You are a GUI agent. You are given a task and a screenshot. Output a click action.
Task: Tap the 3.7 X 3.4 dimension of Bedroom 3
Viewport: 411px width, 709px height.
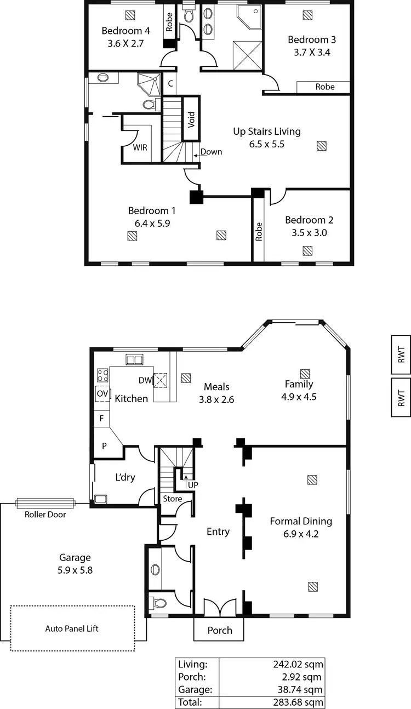click(x=312, y=53)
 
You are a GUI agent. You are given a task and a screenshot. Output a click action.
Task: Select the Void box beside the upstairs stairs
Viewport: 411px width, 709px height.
click(x=191, y=119)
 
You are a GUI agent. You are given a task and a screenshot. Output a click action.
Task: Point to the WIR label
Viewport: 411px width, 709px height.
click(x=140, y=147)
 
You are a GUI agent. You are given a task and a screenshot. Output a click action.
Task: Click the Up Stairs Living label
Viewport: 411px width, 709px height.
click(x=267, y=131)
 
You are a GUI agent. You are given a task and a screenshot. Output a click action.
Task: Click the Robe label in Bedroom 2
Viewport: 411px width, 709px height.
click(x=259, y=231)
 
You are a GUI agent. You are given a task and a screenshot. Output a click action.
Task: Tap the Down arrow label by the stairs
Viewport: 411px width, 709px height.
click(x=210, y=152)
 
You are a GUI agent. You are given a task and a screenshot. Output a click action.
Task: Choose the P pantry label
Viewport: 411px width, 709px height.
click(x=104, y=445)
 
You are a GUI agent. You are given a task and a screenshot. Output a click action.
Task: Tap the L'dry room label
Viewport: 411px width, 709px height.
click(x=124, y=477)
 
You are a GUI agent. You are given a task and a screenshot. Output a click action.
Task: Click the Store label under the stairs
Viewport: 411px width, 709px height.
click(x=172, y=499)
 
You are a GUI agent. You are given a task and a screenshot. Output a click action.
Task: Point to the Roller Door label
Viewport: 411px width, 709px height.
click(x=45, y=514)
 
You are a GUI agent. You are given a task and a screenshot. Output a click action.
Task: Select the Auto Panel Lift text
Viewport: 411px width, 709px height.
click(x=72, y=628)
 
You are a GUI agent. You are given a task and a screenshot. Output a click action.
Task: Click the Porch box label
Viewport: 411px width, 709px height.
click(x=219, y=631)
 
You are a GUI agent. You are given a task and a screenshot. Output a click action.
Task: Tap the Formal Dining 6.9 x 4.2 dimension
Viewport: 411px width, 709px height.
click(x=301, y=534)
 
